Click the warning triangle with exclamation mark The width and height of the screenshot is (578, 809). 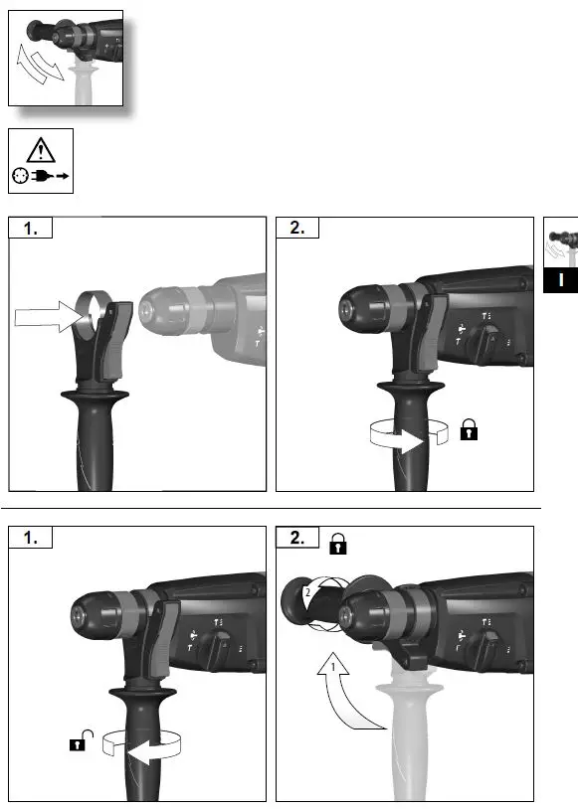pyautogui.click(x=41, y=149)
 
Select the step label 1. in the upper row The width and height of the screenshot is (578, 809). pyautogui.click(x=31, y=229)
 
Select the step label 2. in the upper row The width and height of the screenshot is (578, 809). pyautogui.click(x=297, y=229)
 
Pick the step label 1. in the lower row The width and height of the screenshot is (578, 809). pyautogui.click(x=31, y=538)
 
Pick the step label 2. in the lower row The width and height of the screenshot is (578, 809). pyautogui.click(x=297, y=538)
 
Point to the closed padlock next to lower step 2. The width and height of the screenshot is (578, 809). pyautogui.click(x=338, y=543)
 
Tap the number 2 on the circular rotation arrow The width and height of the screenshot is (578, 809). pyautogui.click(x=308, y=590)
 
